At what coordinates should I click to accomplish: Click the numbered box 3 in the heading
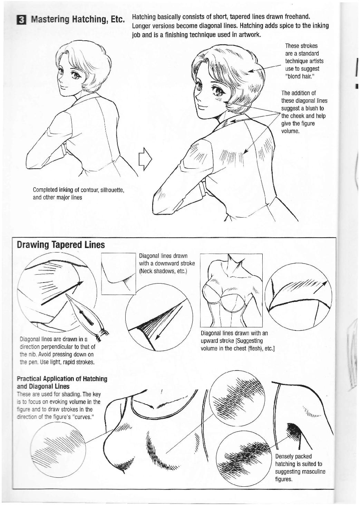click(22, 20)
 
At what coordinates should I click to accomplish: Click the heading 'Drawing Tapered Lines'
click(61, 245)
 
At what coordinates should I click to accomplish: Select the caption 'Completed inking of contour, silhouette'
click(78, 190)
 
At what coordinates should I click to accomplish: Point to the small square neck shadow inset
click(119, 274)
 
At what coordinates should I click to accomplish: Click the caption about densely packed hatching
click(300, 467)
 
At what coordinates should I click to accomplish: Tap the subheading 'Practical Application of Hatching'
click(62, 379)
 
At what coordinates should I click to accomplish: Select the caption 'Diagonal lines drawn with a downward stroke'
click(166, 263)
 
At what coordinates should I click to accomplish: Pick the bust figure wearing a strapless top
click(231, 290)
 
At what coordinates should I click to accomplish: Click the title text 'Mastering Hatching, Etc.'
click(77, 19)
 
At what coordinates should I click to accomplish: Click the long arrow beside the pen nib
click(62, 293)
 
